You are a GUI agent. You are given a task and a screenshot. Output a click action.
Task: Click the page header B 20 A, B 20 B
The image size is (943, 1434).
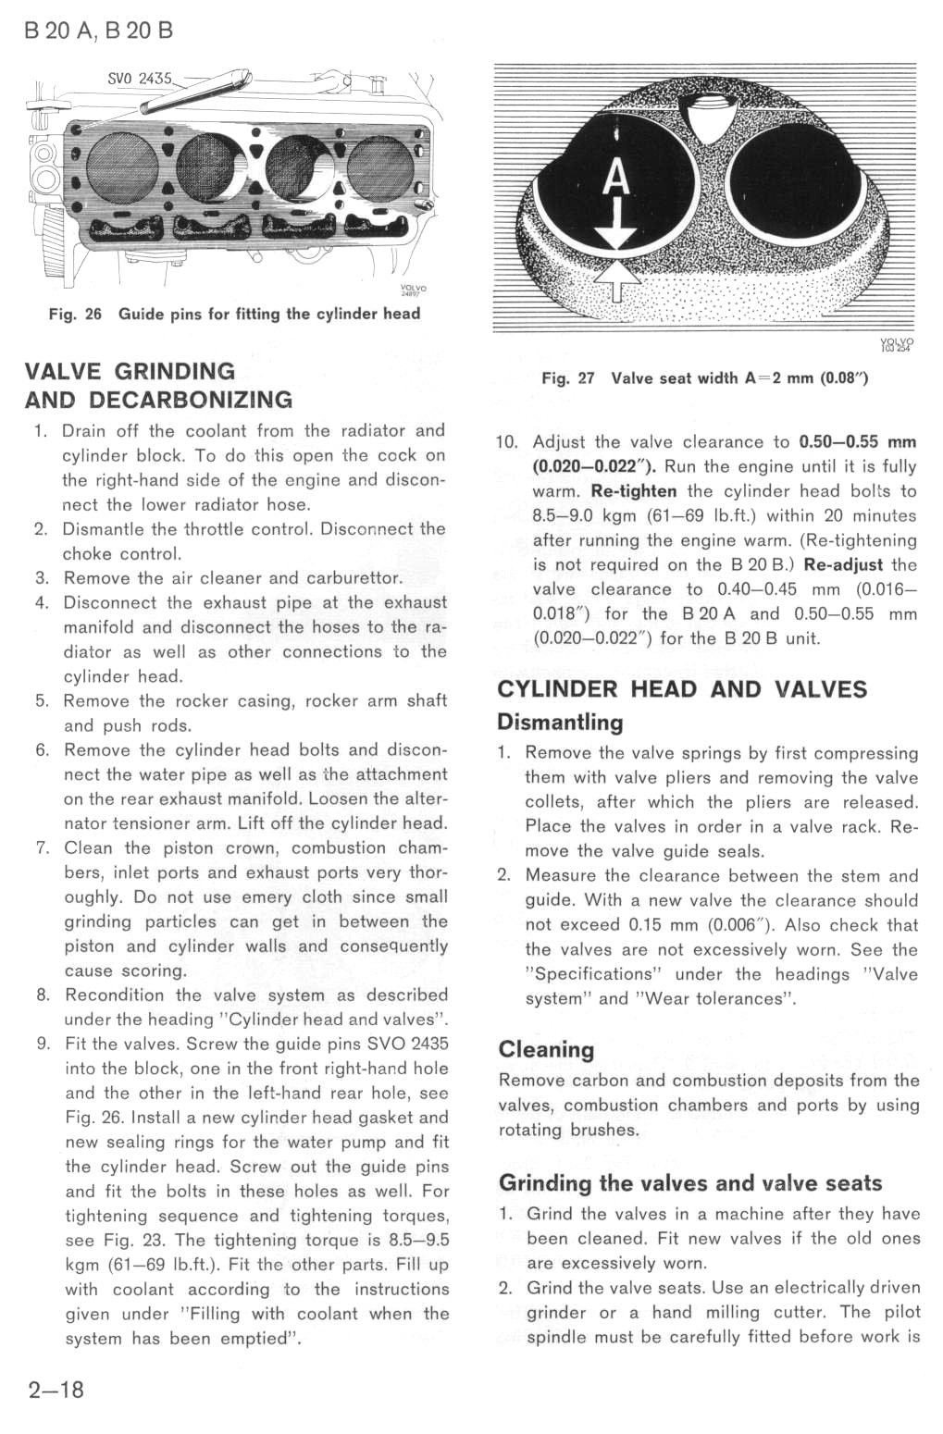click(x=99, y=31)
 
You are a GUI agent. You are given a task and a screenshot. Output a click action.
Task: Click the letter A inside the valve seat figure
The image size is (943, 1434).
click(x=616, y=179)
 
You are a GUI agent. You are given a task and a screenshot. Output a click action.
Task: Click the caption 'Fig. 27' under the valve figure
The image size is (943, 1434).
click(x=568, y=378)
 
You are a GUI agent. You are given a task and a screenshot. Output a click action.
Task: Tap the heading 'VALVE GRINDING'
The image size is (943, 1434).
click(x=130, y=372)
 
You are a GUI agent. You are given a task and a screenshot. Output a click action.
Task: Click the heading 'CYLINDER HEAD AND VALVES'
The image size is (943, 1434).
click(x=682, y=689)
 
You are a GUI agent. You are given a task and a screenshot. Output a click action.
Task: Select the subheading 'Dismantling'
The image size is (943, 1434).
click(x=560, y=723)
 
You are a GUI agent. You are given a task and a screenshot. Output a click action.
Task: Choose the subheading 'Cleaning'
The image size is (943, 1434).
click(x=546, y=1050)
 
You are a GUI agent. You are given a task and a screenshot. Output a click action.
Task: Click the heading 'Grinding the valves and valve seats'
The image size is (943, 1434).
click(x=690, y=1183)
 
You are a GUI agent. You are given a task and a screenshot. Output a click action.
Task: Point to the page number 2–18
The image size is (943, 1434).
click(x=56, y=1390)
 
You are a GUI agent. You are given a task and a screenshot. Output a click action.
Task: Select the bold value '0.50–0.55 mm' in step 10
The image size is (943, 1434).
click(x=857, y=442)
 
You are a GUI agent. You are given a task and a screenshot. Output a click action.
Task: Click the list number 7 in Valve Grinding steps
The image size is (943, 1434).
click(x=42, y=848)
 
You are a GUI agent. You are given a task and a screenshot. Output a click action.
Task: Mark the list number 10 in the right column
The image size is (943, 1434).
click(x=506, y=442)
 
